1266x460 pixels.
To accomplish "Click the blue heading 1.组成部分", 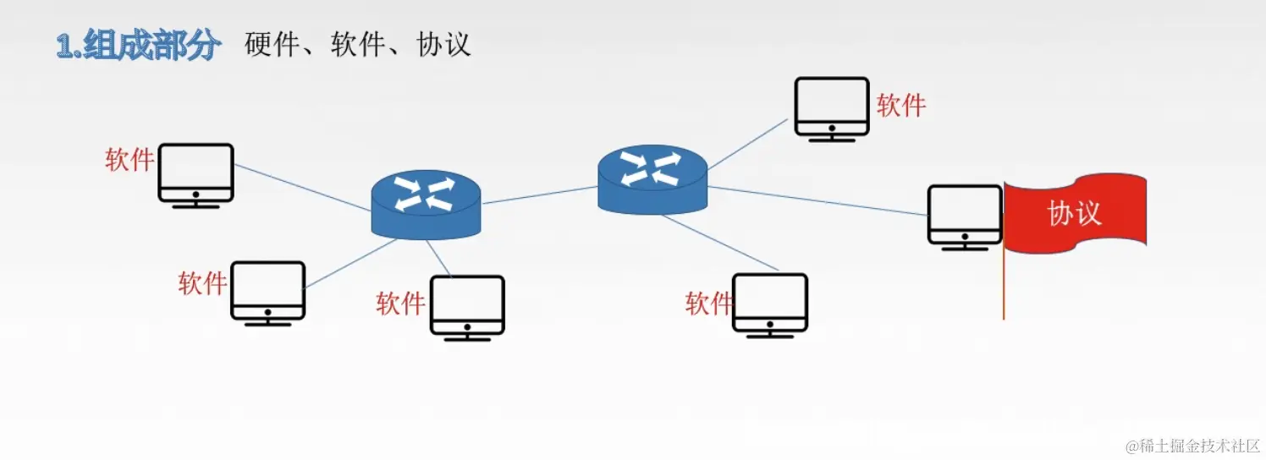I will [139, 45].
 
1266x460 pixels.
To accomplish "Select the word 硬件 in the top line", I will [272, 45].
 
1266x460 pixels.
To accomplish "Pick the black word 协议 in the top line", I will [443, 45].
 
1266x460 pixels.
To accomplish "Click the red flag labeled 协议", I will [1075, 212].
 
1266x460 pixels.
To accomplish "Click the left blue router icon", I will [426, 202].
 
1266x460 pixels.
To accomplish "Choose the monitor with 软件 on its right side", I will [832, 109].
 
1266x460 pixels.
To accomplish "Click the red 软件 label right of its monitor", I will [901, 106].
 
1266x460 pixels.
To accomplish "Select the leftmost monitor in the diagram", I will [195, 175].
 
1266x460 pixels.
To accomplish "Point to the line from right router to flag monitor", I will [817, 200].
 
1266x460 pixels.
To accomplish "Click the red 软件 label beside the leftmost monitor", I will [129, 160].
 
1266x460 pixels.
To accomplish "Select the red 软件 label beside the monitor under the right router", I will [708, 303].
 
